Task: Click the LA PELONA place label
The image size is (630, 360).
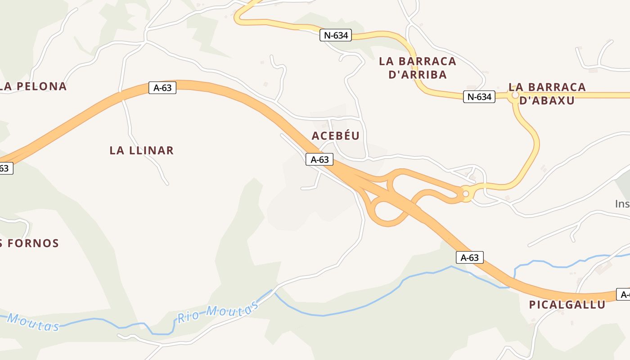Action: (x=34, y=86)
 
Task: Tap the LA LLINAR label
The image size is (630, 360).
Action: (x=141, y=150)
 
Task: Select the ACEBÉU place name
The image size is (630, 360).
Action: (x=336, y=135)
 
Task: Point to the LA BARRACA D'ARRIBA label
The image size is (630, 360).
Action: (x=418, y=68)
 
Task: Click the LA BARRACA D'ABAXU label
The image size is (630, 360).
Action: (x=547, y=94)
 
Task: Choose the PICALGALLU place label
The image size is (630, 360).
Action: (x=567, y=305)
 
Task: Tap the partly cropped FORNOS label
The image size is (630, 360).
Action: (x=30, y=243)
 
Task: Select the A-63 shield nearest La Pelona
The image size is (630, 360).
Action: (x=162, y=88)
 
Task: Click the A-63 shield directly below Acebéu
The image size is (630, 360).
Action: (x=319, y=159)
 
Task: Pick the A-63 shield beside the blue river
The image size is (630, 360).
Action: (x=470, y=257)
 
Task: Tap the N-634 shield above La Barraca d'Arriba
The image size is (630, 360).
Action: (x=336, y=35)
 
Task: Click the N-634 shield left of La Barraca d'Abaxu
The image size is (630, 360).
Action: (x=479, y=96)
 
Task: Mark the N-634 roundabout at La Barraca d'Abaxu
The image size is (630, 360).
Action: (x=515, y=95)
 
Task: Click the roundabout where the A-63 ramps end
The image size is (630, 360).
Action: (x=466, y=194)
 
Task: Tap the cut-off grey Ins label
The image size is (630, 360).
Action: (x=622, y=204)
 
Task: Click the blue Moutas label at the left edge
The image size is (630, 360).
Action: (x=33, y=322)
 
